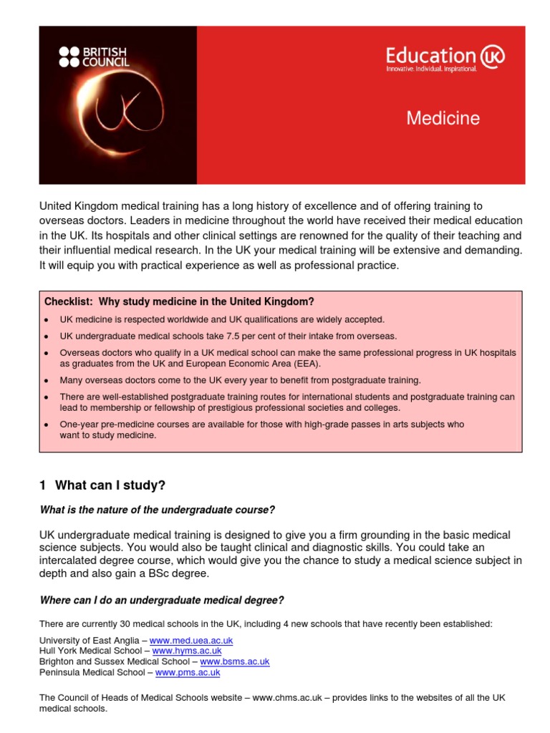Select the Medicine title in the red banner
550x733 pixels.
tap(443, 118)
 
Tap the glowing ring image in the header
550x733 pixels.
tap(118, 115)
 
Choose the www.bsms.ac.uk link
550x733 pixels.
tap(234, 662)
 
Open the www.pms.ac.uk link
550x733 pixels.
tap(188, 673)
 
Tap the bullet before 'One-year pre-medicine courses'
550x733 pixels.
tap(47, 425)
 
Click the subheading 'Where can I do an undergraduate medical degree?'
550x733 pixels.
tap(161, 600)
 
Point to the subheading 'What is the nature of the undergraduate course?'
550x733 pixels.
tap(157, 510)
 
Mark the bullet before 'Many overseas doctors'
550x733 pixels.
tap(47, 381)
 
